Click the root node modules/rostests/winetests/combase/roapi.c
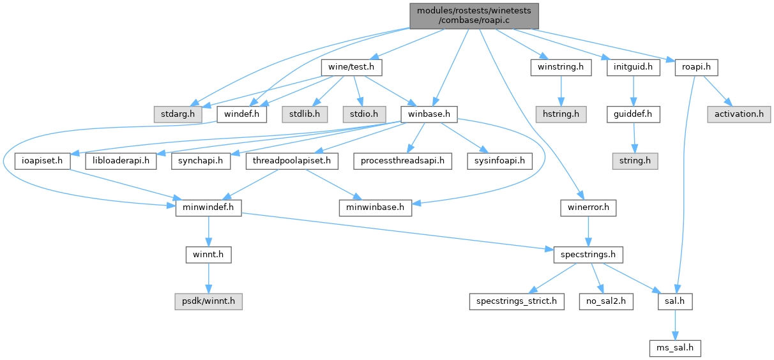click(473, 15)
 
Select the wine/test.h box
click(351, 66)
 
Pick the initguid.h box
click(633, 66)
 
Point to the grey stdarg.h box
click(177, 114)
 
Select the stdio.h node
click(363, 114)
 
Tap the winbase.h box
click(429, 114)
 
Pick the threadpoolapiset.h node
click(292, 161)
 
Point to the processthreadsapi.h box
click(403, 161)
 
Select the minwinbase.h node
click(376, 207)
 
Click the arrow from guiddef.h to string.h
click(634, 137)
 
